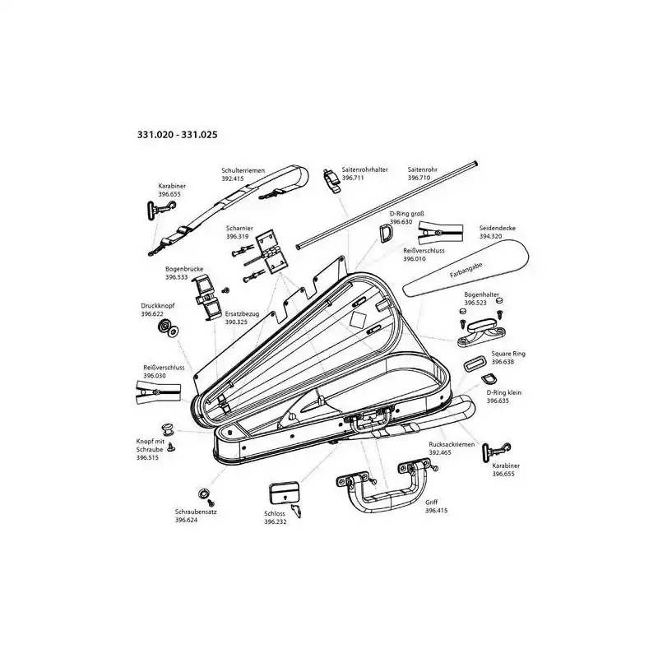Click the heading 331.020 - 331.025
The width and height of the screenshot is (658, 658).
[x=178, y=135]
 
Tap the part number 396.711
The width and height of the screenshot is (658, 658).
[x=353, y=178]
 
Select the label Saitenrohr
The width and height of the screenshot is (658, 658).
[x=423, y=170]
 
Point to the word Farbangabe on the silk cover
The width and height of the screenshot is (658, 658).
[x=466, y=271]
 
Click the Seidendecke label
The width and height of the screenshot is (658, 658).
[x=498, y=229]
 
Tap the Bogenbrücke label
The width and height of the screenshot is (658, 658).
[x=184, y=269]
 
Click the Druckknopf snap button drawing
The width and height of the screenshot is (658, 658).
[x=168, y=328]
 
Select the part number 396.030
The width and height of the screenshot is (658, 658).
[x=155, y=376]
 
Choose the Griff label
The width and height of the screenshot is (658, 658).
[x=431, y=503]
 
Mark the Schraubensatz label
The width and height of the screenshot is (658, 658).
[x=196, y=512]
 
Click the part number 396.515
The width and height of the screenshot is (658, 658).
[x=147, y=458]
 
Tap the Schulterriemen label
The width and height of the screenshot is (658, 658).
[x=243, y=171]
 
